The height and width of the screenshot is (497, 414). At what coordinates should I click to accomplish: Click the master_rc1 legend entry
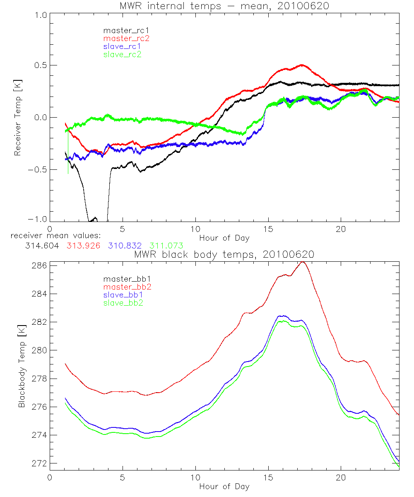click(123, 30)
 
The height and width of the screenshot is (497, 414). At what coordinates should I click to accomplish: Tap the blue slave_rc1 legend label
click(123, 46)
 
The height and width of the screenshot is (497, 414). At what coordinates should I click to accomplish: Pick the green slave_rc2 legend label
click(123, 54)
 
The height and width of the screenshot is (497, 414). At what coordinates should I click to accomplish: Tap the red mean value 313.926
click(82, 246)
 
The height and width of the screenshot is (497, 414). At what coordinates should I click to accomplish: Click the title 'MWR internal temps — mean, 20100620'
click(224, 6)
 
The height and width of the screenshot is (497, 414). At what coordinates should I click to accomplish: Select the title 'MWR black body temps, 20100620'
click(224, 254)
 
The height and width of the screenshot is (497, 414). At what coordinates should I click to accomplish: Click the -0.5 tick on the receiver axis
click(37, 169)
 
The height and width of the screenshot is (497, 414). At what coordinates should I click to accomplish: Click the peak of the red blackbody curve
click(303, 262)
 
